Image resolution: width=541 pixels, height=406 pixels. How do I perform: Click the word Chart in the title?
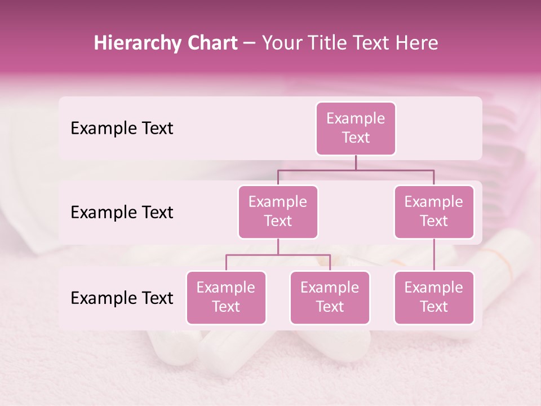(x=212, y=43)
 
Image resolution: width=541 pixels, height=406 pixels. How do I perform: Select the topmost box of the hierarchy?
(x=356, y=128)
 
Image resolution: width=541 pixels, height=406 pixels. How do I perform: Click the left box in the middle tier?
(x=278, y=211)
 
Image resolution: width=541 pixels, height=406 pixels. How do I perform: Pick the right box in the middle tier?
(x=434, y=211)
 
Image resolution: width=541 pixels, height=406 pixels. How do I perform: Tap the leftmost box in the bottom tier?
(x=226, y=297)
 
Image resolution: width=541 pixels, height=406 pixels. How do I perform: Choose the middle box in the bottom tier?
(x=330, y=297)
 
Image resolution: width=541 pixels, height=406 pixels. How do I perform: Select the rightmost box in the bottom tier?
(x=434, y=297)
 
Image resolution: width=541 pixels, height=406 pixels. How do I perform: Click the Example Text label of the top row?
(x=122, y=128)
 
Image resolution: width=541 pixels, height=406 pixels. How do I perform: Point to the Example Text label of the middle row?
(x=122, y=212)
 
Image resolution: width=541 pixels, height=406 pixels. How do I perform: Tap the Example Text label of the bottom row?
(x=122, y=298)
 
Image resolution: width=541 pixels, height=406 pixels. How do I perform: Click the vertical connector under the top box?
(x=356, y=162)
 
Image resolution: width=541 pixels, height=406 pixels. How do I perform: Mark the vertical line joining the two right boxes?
(x=434, y=254)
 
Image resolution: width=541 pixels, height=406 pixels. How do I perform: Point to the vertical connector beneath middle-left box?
(x=278, y=246)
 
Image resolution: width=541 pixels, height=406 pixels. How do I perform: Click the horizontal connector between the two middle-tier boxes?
(x=356, y=170)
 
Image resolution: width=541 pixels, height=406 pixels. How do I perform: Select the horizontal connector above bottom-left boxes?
(x=278, y=255)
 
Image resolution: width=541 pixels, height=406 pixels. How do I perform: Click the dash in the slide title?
(x=250, y=43)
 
